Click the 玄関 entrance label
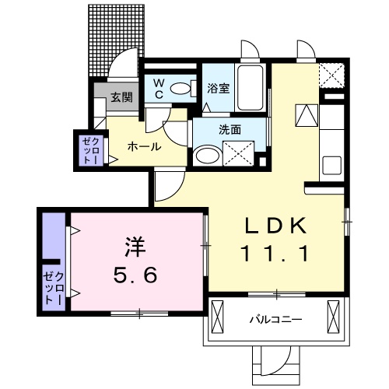[x=120, y=98]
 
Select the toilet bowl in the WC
[x=183, y=89]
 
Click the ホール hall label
[x=144, y=146]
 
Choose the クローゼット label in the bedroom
[x=52, y=287]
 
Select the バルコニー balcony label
[x=276, y=319]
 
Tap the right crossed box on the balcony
[x=335, y=317]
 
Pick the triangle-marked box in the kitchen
[x=306, y=114]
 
